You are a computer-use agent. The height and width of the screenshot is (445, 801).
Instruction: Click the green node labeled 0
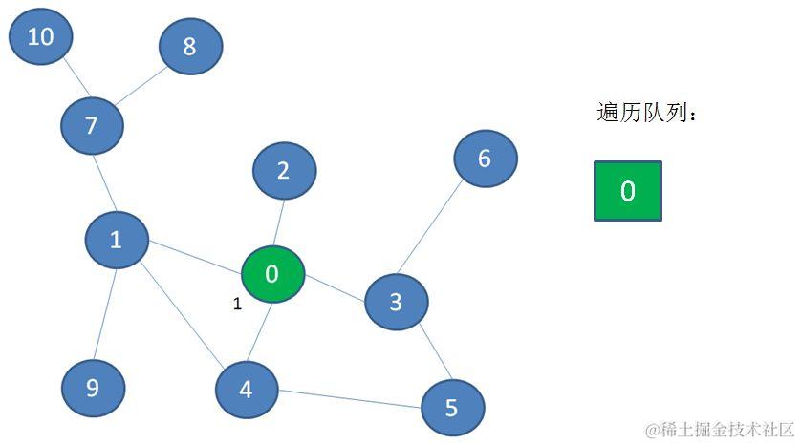coord(272,274)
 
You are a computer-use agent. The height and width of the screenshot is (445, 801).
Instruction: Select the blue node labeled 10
coord(41,37)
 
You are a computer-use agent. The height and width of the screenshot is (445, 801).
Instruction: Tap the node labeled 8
coord(190,46)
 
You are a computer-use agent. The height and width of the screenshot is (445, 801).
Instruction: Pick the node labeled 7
coord(92,125)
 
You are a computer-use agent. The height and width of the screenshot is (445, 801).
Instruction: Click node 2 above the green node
coord(284,171)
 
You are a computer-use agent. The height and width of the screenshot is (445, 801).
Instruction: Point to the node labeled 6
coord(485,159)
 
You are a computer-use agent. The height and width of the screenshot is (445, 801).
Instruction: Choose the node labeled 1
coord(117,239)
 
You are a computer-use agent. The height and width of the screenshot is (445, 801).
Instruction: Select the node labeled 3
coord(396,303)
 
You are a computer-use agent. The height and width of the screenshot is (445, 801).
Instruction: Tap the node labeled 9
coord(93,387)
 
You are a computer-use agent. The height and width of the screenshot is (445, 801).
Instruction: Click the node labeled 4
coord(247,390)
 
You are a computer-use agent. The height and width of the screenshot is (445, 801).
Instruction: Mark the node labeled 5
coord(452,408)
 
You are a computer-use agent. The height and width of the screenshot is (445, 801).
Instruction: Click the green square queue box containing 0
coord(627,191)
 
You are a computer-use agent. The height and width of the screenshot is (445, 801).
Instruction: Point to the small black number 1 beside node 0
coord(237,304)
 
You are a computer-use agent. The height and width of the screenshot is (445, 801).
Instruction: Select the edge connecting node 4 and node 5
coord(349,398)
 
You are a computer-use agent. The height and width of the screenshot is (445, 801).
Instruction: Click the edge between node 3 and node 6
coord(431,226)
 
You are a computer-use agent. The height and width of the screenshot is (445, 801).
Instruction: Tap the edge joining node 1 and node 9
coord(105,313)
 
